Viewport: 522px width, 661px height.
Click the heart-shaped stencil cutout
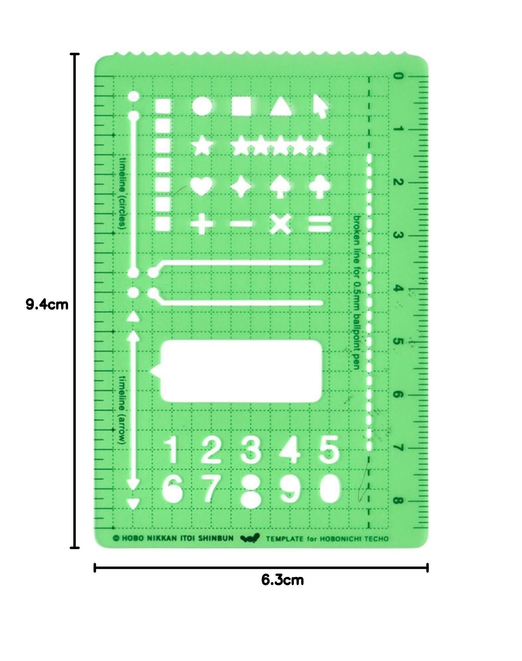(202, 187)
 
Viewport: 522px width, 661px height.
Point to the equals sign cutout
(320, 224)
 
